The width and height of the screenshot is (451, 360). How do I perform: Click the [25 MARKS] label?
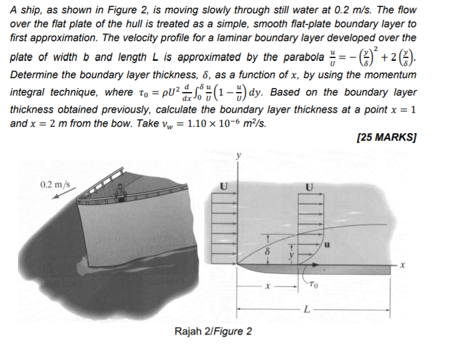[x=387, y=138]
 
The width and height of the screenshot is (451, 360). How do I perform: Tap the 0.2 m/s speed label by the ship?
[x=56, y=186]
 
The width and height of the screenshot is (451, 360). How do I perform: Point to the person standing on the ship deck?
[x=121, y=193]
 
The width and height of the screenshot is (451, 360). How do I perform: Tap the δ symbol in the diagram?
[x=267, y=253]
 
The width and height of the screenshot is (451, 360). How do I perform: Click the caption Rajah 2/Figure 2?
[x=213, y=332]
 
